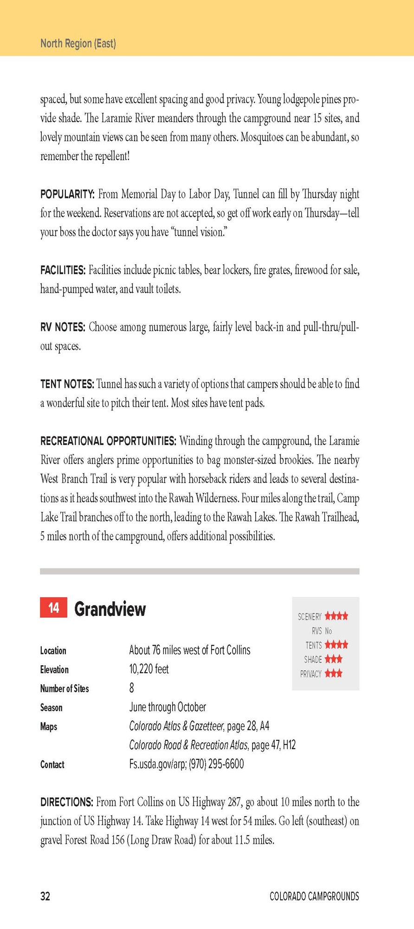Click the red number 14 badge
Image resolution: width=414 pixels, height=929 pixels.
click(x=53, y=608)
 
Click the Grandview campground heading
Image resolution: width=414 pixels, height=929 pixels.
click(x=110, y=608)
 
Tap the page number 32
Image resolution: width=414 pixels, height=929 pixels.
click(x=45, y=896)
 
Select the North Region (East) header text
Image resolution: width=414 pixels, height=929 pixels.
click(x=78, y=44)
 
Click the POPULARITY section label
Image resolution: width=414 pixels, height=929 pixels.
click(x=67, y=194)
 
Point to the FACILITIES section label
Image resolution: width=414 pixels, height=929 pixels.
click(x=63, y=270)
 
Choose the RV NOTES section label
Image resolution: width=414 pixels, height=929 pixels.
click(x=63, y=327)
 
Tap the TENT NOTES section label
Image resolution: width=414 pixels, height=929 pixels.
click(x=67, y=384)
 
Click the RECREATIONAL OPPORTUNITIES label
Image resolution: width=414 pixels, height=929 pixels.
click(x=108, y=441)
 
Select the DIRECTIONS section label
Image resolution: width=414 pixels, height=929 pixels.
click(x=67, y=802)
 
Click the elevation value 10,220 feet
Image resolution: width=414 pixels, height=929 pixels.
click(x=149, y=669)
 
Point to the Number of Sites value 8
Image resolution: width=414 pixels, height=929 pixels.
click(x=132, y=688)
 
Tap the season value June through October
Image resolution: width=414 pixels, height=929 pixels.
click(x=168, y=707)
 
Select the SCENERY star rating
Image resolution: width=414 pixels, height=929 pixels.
click(x=336, y=616)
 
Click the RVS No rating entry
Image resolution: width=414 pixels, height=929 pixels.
click(x=322, y=631)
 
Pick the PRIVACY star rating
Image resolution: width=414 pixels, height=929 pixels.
click(x=333, y=674)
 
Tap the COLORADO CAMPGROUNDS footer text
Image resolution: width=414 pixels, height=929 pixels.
click(x=314, y=896)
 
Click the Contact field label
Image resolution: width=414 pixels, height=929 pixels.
click(x=52, y=765)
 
